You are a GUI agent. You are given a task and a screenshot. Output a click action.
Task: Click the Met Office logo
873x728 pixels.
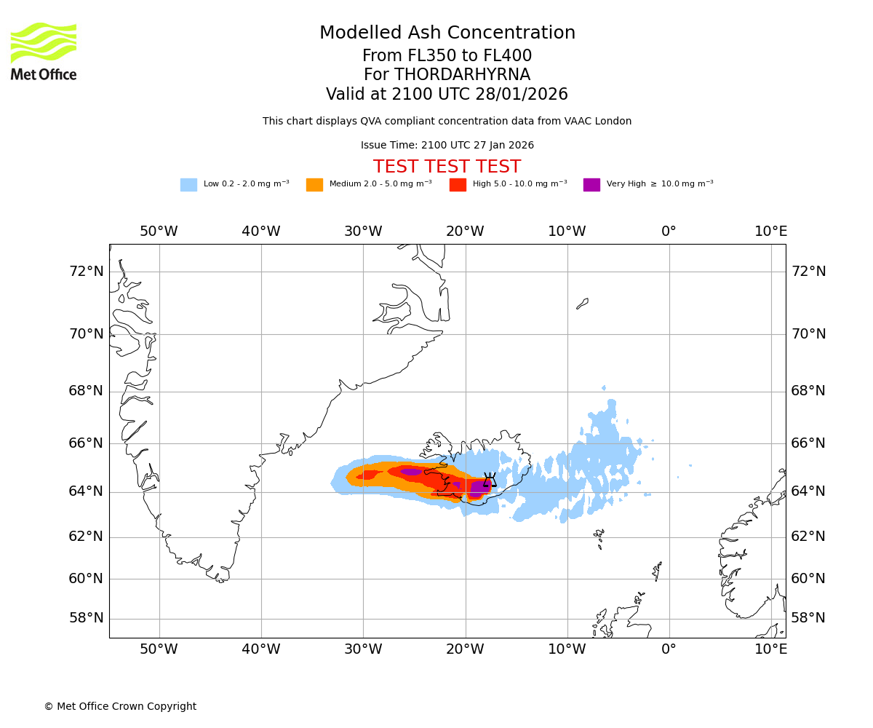tap(44, 51)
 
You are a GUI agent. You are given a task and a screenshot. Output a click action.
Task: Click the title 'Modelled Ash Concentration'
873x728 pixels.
tap(447, 33)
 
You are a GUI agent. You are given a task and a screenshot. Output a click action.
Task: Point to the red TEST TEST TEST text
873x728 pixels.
tap(447, 167)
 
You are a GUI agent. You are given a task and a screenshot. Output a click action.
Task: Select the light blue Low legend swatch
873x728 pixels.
tap(188, 185)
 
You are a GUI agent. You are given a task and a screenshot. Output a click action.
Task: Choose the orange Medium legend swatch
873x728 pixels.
tap(314, 185)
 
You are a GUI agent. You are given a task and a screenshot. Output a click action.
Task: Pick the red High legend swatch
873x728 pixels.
tap(458, 185)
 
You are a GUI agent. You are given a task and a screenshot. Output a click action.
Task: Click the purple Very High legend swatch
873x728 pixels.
tap(591, 185)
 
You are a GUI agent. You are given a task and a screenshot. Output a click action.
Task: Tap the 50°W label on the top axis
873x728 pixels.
tap(159, 232)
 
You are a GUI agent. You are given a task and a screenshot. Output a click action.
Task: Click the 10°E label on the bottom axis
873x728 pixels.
tap(770, 649)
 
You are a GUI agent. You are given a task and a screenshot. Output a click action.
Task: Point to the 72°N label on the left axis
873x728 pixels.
tap(86, 272)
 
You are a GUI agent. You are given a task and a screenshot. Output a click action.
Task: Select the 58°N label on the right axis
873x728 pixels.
tap(808, 618)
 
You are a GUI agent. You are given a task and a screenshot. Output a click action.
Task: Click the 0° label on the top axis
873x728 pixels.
tap(669, 232)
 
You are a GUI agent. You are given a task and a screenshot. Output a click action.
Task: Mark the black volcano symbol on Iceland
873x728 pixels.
tap(490, 479)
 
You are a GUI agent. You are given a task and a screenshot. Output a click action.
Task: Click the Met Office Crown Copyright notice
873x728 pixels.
tap(120, 706)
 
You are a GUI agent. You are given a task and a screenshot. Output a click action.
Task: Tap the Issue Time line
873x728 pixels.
tap(447, 146)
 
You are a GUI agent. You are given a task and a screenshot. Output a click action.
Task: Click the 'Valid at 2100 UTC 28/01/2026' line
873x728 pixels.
tap(447, 95)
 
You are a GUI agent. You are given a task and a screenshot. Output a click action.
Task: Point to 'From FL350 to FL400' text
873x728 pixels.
tap(447, 56)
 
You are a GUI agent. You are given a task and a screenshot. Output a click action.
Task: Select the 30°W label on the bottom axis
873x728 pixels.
tap(363, 649)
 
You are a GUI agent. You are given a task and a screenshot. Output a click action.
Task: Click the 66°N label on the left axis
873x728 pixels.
tap(86, 443)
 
